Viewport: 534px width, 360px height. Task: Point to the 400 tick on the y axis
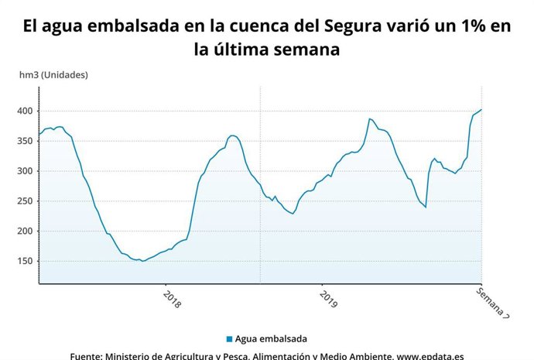tap(23, 111)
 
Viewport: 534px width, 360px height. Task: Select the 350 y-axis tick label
tap(23, 142)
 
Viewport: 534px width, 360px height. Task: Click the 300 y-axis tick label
tap(23, 171)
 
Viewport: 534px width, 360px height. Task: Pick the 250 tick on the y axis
tap(23, 201)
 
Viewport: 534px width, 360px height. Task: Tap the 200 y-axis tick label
tap(23, 231)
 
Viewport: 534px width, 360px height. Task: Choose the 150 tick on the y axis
tap(23, 262)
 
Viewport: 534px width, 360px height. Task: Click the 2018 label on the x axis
tap(172, 300)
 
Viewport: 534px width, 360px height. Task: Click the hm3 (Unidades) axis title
tap(53, 75)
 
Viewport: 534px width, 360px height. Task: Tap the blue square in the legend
tap(229, 339)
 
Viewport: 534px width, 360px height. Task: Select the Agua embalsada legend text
tap(272, 339)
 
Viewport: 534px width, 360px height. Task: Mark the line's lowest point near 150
tap(142, 261)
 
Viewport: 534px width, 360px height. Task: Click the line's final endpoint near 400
tap(481, 110)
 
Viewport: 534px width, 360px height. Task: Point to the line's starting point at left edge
tap(39, 135)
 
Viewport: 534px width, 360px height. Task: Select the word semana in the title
tap(303, 50)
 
